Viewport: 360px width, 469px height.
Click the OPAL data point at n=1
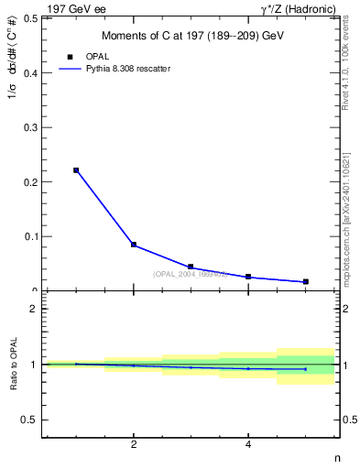76,170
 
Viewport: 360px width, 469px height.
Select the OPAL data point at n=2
134,245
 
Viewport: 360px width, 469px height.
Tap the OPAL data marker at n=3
191,267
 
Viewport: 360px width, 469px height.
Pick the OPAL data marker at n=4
248,277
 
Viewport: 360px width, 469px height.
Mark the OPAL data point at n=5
305,281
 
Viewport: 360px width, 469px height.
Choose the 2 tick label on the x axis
134,445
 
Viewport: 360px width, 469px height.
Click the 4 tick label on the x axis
248,445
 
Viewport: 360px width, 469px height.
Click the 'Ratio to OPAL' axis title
12,365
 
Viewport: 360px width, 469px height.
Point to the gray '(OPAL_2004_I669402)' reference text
191,274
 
